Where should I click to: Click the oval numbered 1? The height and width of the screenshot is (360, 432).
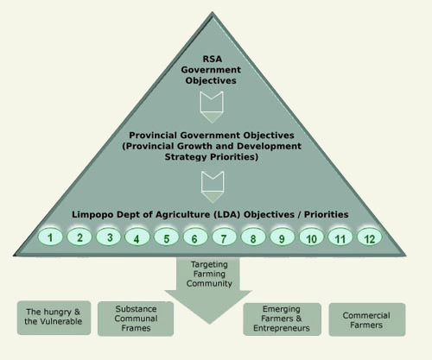[50, 237]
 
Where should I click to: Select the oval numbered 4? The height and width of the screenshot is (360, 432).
[137, 237]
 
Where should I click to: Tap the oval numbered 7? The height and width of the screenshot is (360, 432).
[224, 237]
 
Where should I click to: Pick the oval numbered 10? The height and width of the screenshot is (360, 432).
[311, 237]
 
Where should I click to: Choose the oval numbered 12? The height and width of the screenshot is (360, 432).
[370, 237]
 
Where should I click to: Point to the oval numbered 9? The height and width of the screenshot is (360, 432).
[283, 237]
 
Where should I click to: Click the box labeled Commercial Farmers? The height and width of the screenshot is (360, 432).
[367, 319]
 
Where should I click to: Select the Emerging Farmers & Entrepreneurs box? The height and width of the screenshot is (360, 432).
[282, 319]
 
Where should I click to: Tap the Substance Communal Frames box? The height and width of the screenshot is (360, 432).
[136, 319]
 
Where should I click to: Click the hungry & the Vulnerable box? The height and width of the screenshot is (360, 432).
[54, 318]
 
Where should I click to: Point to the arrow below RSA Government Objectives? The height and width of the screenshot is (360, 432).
[212, 107]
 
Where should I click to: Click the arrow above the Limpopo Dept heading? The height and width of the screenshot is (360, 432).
[213, 187]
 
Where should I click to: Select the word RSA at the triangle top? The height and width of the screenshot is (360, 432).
[213, 59]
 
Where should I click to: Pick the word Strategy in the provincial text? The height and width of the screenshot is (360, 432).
[186, 157]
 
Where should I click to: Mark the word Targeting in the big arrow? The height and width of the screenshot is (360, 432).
[209, 264]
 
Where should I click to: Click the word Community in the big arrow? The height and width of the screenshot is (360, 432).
[209, 283]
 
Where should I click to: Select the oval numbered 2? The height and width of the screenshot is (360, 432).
[79, 237]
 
